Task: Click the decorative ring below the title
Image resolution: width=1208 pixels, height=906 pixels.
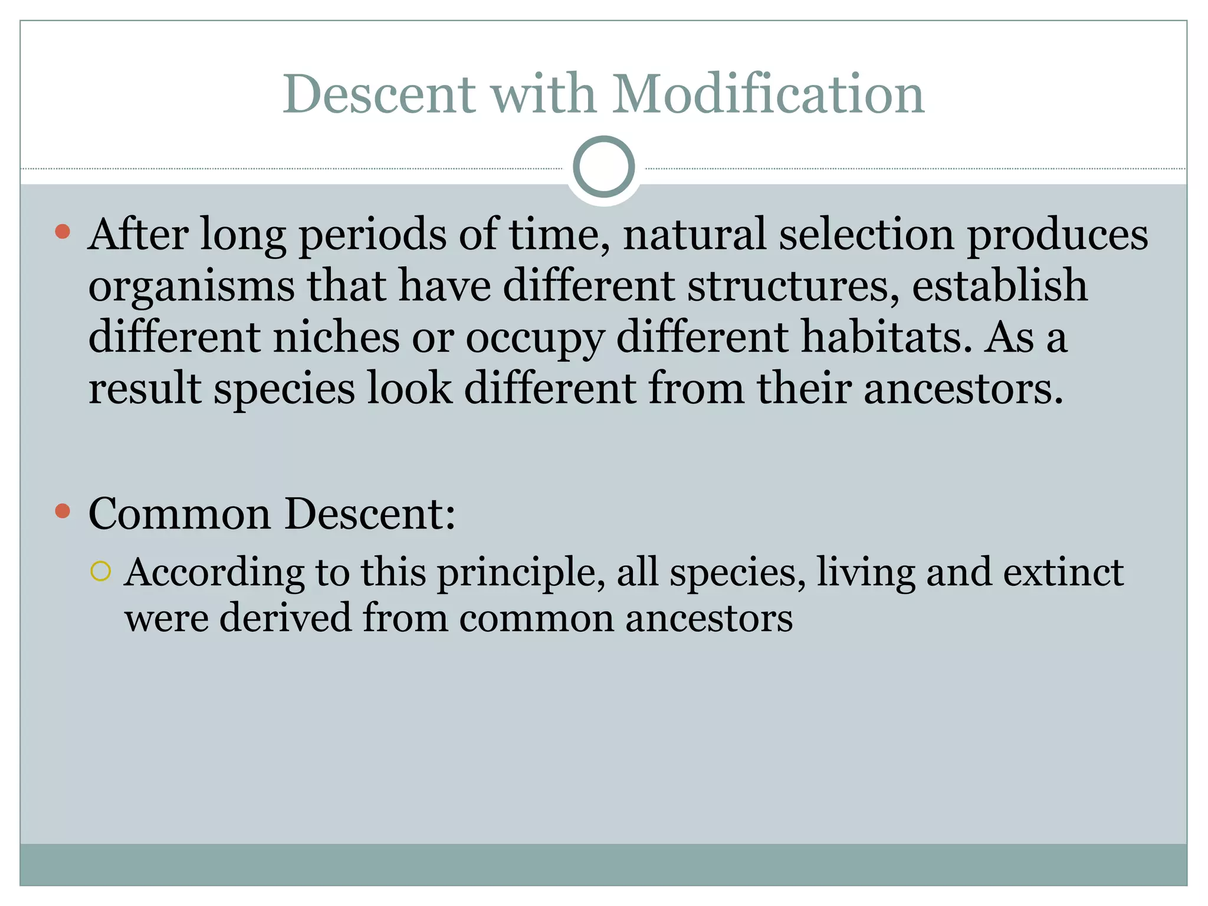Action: tap(603, 167)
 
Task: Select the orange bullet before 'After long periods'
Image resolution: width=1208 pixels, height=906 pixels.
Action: tap(63, 231)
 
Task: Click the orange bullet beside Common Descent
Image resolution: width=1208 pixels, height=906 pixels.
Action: tap(63, 511)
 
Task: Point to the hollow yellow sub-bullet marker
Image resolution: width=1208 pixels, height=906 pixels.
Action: tap(101, 572)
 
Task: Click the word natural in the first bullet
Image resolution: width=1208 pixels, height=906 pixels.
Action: tap(694, 234)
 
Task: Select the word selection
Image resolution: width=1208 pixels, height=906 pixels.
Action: tap(866, 234)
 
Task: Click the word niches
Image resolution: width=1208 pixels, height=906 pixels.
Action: tap(336, 337)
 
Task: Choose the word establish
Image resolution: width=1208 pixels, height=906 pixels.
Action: tap(1000, 285)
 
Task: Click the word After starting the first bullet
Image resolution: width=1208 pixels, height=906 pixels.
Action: tap(138, 234)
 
